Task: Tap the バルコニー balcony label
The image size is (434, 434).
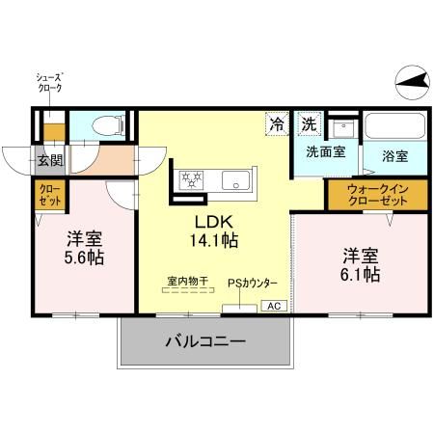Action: point(204,340)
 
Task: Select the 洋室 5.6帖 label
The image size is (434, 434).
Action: point(85,248)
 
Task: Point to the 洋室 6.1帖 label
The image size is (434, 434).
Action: point(360,264)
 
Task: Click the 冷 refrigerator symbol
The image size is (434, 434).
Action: point(278,124)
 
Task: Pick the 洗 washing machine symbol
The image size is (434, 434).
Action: point(308,124)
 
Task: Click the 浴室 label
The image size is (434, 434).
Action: point(393,154)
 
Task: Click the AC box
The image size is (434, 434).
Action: point(272,306)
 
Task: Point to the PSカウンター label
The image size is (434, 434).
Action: point(253,283)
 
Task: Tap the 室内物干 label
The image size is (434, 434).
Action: point(188,282)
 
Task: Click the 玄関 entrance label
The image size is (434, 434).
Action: point(50,160)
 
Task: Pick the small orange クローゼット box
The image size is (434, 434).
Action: point(50,196)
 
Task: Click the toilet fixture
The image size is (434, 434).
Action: point(109,125)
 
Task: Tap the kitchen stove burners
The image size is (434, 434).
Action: point(190,179)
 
